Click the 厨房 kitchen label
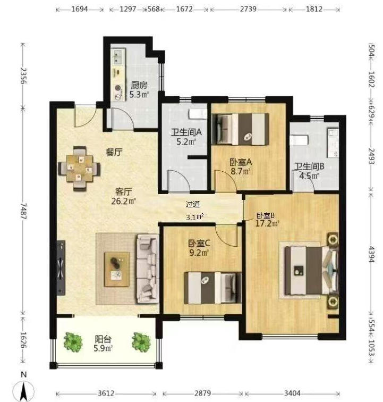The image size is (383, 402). (139, 85)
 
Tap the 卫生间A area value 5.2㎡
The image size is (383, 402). (186, 141)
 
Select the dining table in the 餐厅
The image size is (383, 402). (80, 169)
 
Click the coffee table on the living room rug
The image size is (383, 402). (117, 269)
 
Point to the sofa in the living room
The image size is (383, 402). (148, 269)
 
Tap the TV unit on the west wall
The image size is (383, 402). (61, 268)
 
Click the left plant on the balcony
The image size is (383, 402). (73, 342)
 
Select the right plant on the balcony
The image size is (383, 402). (141, 342)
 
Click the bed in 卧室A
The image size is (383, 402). (240, 129)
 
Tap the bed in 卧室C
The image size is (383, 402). (212, 288)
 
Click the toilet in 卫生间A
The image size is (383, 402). (198, 114)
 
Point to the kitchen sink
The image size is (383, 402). (117, 57)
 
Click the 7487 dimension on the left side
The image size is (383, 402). (23, 211)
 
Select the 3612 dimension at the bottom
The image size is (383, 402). (106, 393)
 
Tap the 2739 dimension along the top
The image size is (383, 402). (248, 9)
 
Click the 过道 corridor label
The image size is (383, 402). (193, 204)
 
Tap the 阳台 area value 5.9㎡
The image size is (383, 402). (103, 348)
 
